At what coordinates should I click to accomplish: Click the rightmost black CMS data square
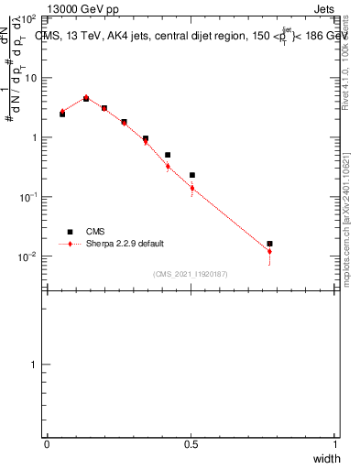point(269,244)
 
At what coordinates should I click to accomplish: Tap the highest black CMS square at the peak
point(86,98)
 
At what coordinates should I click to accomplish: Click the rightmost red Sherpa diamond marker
point(269,251)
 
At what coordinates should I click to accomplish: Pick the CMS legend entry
point(94,232)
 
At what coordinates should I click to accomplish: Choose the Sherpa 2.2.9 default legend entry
point(119,245)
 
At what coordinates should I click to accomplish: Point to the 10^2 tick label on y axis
point(27,18)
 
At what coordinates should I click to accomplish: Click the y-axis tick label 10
point(29,78)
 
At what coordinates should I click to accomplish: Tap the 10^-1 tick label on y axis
point(27,197)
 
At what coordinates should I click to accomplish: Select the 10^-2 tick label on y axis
point(27,256)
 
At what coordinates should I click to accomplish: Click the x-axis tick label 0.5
point(191,444)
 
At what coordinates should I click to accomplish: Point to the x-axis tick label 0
point(47,444)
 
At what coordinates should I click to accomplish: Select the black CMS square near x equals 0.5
point(192,175)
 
